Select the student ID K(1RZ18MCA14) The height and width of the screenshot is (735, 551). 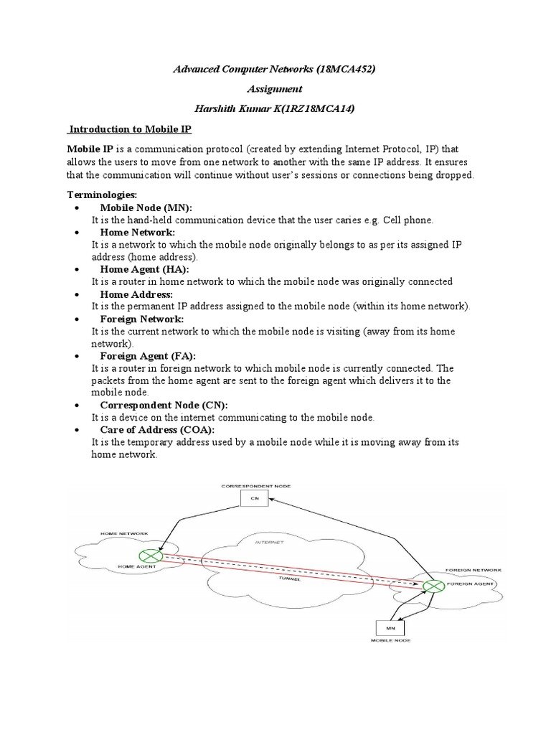(x=331, y=108)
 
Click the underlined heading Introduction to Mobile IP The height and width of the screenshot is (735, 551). (x=130, y=128)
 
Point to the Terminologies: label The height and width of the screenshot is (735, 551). (x=101, y=195)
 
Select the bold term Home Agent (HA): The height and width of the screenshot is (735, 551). (x=144, y=269)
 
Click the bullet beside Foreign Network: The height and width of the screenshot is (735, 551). (x=76, y=319)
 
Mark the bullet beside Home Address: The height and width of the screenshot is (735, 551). (x=76, y=294)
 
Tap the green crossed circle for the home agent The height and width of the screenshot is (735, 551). (x=150, y=556)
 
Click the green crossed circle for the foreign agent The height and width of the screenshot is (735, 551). (x=430, y=586)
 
